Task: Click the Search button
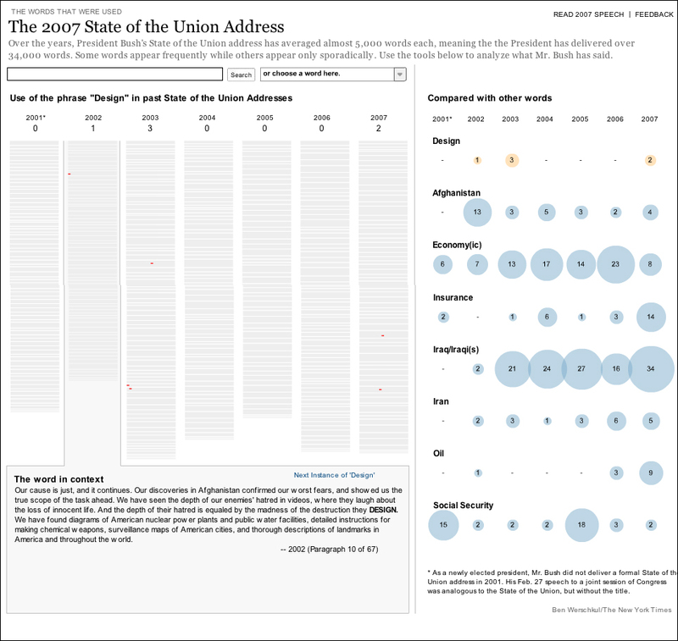coord(242,75)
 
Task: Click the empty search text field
coord(115,75)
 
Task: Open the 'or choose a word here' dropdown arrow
coord(400,75)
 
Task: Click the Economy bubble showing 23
coord(615,264)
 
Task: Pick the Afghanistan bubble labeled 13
coord(478,213)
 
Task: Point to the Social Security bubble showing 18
coord(581,525)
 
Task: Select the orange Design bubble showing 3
coord(512,160)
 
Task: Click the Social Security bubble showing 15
coord(443,525)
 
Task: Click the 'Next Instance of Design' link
coord(334,476)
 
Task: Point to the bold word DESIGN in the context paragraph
coord(383,511)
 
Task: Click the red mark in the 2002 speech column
coord(69,174)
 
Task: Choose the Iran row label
coord(441,401)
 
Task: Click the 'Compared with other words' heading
coord(489,99)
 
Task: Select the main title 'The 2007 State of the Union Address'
coord(146,27)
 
